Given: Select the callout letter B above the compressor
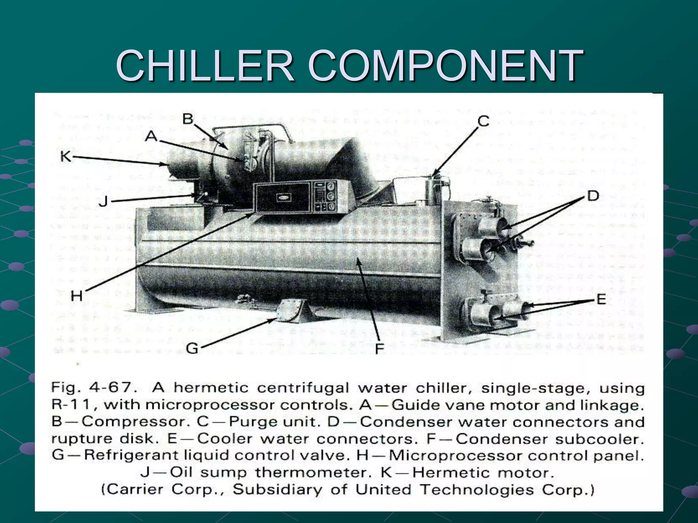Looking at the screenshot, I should (188, 119).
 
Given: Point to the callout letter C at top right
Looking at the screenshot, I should (483, 121).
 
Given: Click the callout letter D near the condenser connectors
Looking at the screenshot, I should (593, 196).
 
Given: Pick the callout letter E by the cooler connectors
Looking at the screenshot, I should (601, 300).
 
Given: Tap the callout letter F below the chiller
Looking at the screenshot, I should (379, 349).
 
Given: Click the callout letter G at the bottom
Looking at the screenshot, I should (193, 348).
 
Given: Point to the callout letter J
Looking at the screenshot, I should (103, 202).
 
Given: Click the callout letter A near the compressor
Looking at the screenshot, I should (151, 137).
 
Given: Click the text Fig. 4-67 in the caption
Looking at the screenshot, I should (91, 387).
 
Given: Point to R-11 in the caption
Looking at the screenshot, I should (71, 405).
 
